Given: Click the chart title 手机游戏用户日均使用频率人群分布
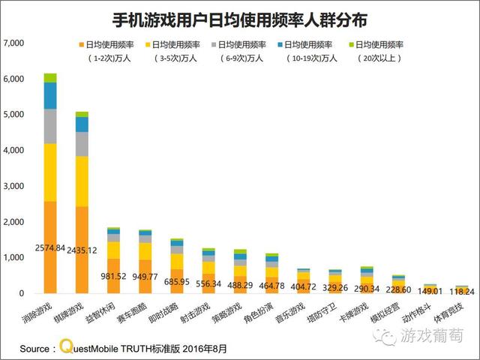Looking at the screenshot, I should [x=239, y=17].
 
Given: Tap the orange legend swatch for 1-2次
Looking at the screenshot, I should [x=80, y=44].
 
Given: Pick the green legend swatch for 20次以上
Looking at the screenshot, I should [x=351, y=44].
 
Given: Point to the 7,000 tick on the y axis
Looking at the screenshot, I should [x=14, y=43].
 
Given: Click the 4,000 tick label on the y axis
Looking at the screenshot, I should [x=14, y=151].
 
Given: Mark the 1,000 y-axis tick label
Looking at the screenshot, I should [x=14, y=258].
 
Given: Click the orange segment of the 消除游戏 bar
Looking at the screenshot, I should [x=50, y=247].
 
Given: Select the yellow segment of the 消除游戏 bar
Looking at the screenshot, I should [x=50, y=172].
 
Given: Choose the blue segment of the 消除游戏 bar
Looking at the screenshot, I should [x=50, y=95].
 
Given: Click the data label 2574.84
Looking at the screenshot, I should [x=50, y=247].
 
